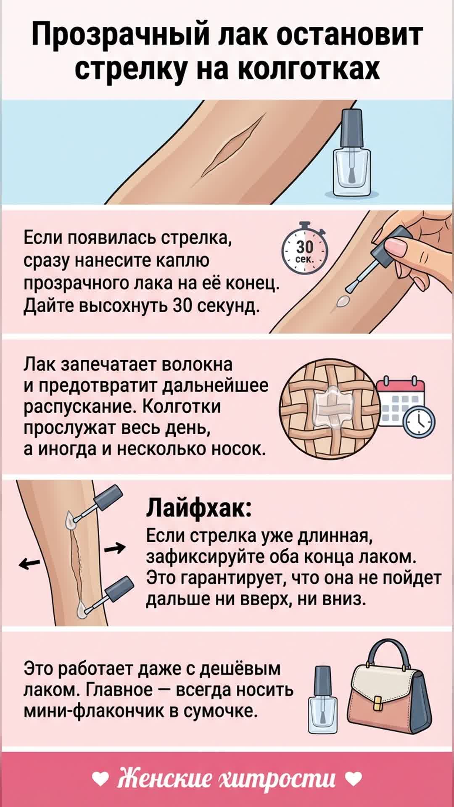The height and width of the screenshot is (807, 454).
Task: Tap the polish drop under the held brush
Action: (x=343, y=301)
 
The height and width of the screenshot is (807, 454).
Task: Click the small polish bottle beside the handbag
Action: (x=322, y=699)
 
